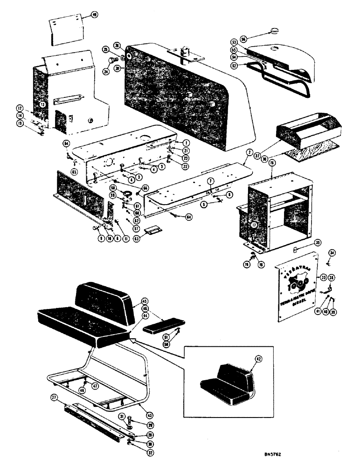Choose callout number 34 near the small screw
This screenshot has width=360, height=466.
coord(332,253)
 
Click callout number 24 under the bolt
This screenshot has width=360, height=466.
coord(105,72)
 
